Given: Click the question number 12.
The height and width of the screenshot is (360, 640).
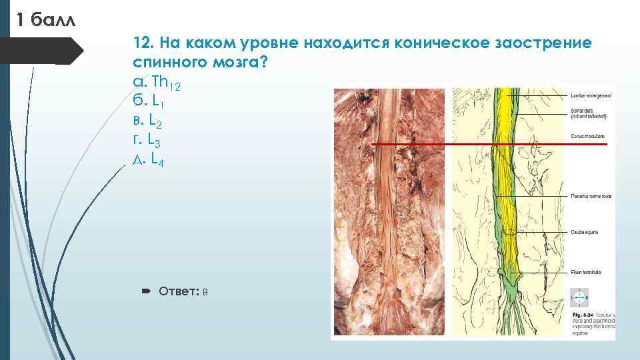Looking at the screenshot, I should tap(143, 43).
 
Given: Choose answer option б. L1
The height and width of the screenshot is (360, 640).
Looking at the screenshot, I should tap(149, 102).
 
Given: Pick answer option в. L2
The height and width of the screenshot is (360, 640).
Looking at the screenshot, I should tap(149, 121).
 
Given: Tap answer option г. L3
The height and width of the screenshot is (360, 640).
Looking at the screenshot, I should tap(148, 141).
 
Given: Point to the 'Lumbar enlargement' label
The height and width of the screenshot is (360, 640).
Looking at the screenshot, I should tap(591, 96).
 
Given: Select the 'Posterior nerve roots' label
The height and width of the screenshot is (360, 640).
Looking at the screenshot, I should tap(591, 196).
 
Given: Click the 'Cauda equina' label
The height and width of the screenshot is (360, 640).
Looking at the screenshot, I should tap(584, 232).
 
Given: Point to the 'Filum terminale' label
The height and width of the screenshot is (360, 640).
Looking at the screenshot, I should tap(586, 273).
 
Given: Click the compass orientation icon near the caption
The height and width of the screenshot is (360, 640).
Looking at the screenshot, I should tap(579, 297).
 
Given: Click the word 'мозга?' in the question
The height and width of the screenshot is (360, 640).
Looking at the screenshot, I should tap(238, 63).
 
